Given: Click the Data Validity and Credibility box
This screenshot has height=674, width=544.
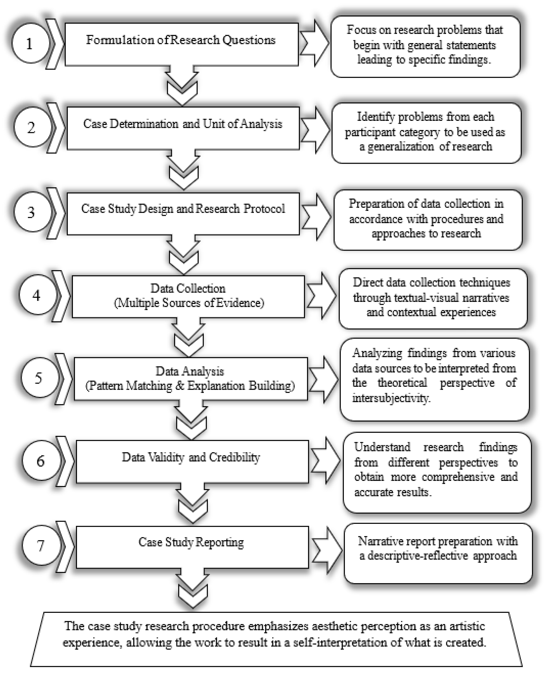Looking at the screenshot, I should coord(192,461).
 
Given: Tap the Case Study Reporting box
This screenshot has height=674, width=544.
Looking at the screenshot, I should coord(192,547).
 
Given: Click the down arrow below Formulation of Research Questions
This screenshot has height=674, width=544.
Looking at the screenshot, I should coord(182,88).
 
